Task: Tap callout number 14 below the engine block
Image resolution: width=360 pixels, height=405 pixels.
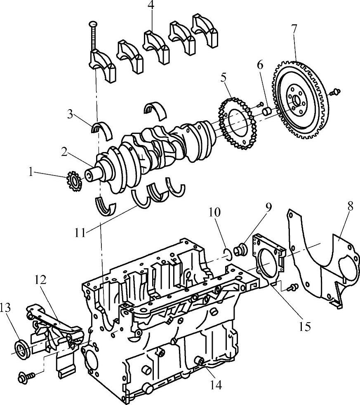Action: [216, 385]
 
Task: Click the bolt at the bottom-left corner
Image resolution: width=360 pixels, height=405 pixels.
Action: [24, 376]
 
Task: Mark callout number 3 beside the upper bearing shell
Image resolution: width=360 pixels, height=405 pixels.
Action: [71, 113]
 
